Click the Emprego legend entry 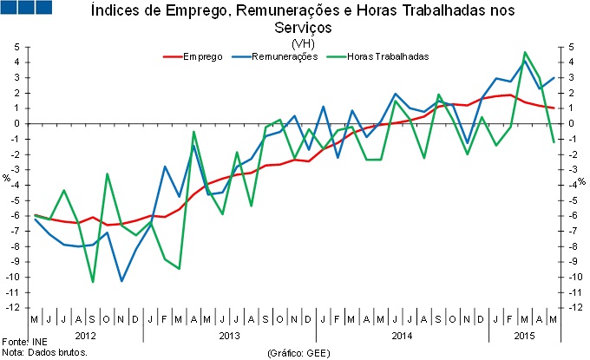[202, 56]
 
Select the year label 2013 [229, 334]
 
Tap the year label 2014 [402, 334]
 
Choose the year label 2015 [523, 334]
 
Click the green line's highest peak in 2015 [526, 52]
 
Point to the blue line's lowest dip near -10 [121, 281]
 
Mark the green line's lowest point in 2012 [93, 282]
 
